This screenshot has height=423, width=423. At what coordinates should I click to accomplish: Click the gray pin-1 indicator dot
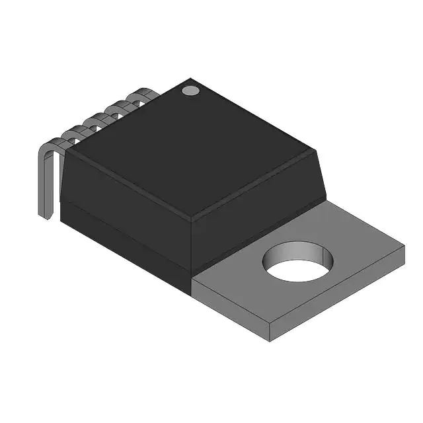point(190,90)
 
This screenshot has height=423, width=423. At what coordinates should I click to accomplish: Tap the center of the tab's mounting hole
point(298,262)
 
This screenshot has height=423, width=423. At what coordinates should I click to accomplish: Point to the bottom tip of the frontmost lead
point(46,217)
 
